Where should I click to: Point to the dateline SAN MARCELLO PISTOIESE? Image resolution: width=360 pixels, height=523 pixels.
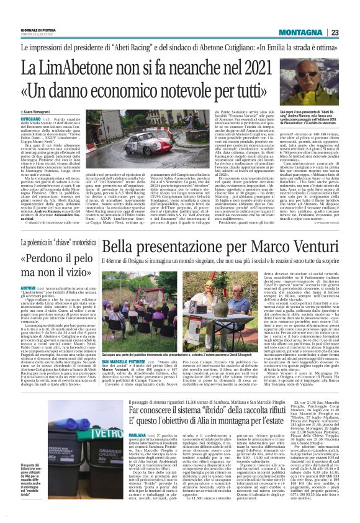124,378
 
